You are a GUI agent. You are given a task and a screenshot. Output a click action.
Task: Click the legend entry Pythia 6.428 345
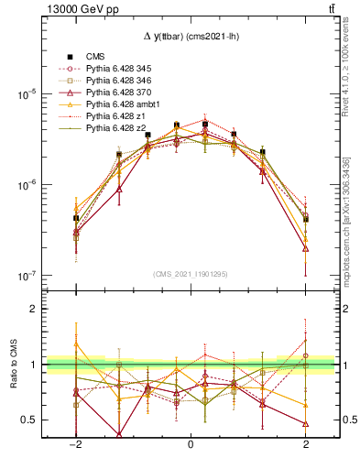tap(116, 69)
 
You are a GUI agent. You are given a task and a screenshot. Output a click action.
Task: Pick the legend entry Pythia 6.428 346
tap(116, 81)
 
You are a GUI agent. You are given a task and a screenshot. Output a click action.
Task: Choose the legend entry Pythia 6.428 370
tap(116, 93)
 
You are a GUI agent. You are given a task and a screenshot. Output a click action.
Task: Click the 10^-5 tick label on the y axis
tap(27, 95)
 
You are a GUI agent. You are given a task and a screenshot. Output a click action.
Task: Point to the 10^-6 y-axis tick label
tap(27, 186)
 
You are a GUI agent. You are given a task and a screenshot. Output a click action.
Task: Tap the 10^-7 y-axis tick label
tap(27, 276)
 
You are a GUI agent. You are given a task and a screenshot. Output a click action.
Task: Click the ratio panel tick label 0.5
tap(29, 420)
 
